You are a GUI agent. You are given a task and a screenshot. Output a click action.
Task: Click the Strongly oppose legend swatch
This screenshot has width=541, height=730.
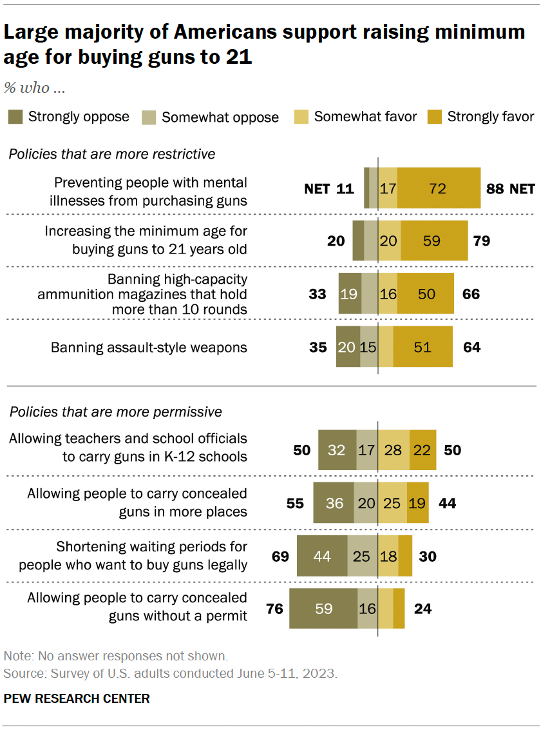[15, 117]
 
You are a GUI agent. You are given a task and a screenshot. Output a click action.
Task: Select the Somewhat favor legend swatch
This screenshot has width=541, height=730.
[301, 117]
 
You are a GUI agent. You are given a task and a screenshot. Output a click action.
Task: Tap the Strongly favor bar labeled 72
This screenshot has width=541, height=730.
[439, 188]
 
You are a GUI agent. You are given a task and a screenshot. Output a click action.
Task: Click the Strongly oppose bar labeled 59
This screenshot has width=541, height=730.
[323, 608]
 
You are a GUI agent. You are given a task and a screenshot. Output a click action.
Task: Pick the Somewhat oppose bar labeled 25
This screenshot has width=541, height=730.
[362, 555]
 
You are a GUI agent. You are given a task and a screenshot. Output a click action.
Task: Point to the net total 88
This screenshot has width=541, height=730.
[495, 188]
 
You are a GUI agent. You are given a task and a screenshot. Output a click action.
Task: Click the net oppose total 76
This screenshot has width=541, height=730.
[275, 608]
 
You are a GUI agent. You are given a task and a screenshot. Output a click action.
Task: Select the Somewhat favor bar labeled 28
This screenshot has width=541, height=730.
[394, 449]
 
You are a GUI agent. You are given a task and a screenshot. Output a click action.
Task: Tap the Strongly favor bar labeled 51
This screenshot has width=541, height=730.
[422, 347]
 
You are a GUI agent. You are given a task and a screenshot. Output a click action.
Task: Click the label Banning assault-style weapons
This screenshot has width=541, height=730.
[149, 347]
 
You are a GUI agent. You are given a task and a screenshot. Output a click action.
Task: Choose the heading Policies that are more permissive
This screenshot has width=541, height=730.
[115, 411]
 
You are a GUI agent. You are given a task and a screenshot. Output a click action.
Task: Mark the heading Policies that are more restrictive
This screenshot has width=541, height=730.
[111, 154]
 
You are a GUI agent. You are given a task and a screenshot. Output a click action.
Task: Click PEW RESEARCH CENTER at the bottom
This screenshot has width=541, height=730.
[77, 698]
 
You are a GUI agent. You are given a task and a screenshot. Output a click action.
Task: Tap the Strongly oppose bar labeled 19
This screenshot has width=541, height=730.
[350, 294]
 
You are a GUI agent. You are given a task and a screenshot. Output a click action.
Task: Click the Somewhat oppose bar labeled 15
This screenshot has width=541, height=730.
[368, 347]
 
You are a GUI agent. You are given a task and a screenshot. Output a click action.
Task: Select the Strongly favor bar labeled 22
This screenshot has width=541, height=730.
[422, 449]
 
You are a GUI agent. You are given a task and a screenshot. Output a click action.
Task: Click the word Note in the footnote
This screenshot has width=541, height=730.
[17, 656]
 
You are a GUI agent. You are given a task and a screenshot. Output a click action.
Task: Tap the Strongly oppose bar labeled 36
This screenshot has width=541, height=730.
[333, 502]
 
